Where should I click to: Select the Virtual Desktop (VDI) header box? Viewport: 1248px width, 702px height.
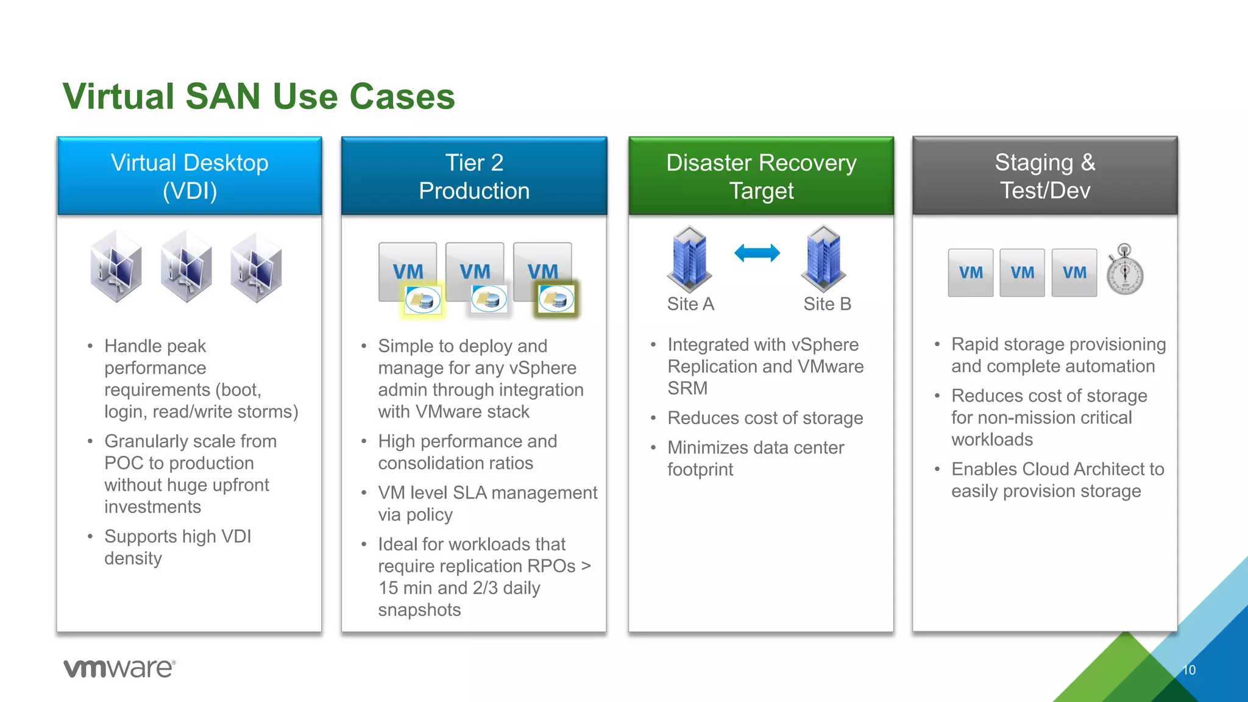pyautogui.click(x=190, y=176)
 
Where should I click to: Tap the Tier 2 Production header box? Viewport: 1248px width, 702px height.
pyautogui.click(x=474, y=176)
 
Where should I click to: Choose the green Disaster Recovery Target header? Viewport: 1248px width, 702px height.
pyautogui.click(x=761, y=176)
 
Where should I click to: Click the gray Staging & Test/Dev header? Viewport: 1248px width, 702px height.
pyautogui.click(x=1045, y=176)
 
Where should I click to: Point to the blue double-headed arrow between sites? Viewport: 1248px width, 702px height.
pyautogui.click(x=757, y=253)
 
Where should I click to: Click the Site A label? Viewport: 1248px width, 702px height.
pyautogui.click(x=690, y=303)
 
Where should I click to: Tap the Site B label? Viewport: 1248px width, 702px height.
pyautogui.click(x=827, y=303)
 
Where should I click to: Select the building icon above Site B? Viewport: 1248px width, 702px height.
pyautogui.click(x=823, y=259)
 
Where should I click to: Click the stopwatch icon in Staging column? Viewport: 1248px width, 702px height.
pyautogui.click(x=1125, y=271)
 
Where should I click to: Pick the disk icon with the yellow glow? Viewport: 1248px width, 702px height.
pyautogui.click(x=423, y=300)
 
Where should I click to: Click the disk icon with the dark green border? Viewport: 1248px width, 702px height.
pyautogui.click(x=556, y=299)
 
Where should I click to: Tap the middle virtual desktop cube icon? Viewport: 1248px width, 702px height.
pyautogui.click(x=186, y=266)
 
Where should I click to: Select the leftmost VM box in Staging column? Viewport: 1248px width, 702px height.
pyautogui.click(x=971, y=272)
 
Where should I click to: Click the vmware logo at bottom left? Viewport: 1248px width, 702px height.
pyautogui.click(x=119, y=668)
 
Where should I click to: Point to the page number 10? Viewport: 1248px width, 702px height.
pyautogui.click(x=1189, y=670)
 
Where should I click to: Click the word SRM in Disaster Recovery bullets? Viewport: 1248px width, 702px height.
pyautogui.click(x=687, y=388)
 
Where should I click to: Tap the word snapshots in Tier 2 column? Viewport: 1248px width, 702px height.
pyautogui.click(x=419, y=609)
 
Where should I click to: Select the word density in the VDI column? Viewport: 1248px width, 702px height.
pyautogui.click(x=133, y=558)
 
